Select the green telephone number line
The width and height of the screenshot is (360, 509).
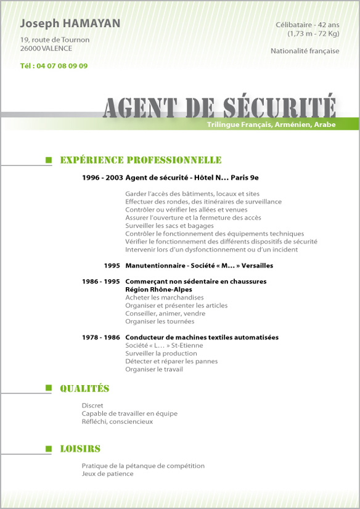54,66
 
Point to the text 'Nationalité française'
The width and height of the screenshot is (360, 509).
305,51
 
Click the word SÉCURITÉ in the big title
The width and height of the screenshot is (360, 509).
279,107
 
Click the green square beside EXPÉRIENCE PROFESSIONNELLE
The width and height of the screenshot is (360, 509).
49,160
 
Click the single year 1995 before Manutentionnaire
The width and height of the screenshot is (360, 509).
112,266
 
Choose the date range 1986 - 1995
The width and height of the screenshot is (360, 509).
100,281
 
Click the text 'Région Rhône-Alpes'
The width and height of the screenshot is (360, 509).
158,289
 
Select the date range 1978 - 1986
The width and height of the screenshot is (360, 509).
100,338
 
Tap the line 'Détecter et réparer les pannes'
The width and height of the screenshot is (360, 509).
171,361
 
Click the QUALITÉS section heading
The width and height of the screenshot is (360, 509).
84,388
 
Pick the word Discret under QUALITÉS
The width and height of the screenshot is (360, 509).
92,405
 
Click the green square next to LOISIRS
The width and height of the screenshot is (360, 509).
49,449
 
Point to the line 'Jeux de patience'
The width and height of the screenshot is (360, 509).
107,474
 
